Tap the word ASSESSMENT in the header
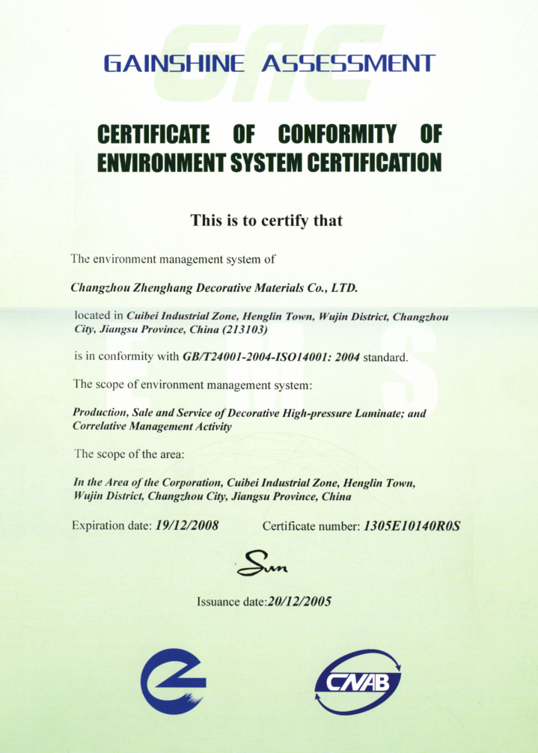pyautogui.click(x=347, y=63)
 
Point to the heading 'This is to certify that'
pyautogui.click(x=266, y=220)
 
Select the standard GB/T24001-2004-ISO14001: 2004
pyautogui.click(x=272, y=357)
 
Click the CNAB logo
pyautogui.click(x=358, y=681)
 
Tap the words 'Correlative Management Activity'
pyautogui.click(x=152, y=426)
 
